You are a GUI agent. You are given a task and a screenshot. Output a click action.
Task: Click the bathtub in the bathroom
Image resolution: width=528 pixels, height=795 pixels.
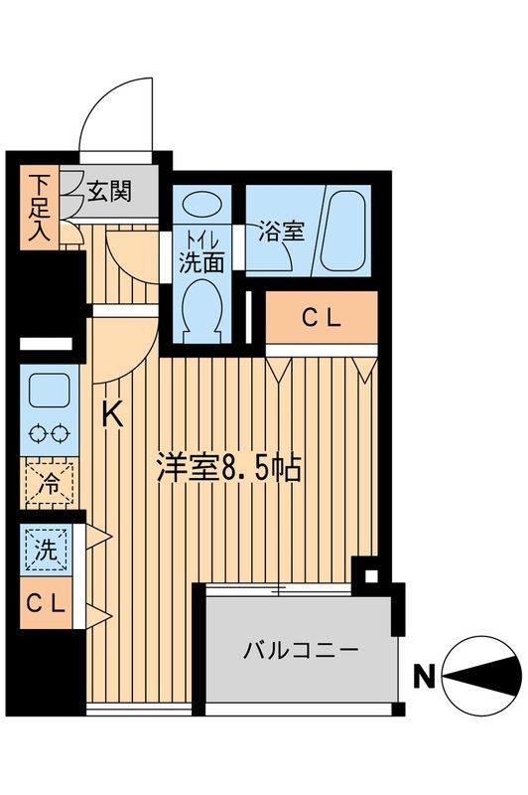point(344,231)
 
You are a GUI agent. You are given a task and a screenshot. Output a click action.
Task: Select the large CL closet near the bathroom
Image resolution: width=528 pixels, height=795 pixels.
point(322,317)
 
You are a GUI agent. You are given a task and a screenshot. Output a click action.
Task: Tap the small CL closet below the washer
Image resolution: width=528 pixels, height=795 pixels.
point(46,602)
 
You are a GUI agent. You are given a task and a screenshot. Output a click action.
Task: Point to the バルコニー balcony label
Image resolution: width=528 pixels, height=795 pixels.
point(302,653)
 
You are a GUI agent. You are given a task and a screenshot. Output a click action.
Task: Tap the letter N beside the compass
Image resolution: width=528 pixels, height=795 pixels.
point(423,680)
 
